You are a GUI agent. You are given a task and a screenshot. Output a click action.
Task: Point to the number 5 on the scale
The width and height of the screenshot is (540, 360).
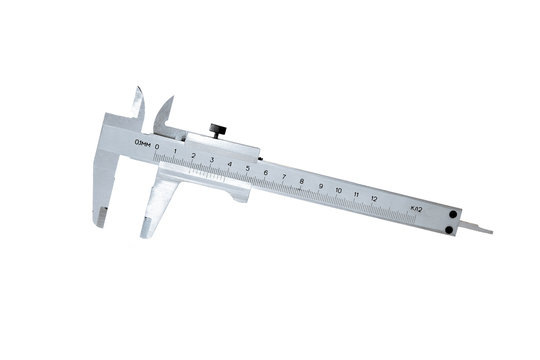pyautogui.click(x=247, y=166)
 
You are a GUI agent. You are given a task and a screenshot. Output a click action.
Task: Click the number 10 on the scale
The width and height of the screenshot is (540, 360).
pyautogui.click(x=339, y=187)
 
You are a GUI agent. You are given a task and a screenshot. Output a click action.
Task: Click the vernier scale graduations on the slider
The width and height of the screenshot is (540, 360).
pyautogui.click(x=200, y=173)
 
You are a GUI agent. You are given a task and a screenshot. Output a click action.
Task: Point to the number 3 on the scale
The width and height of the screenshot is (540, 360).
pyautogui.click(x=211, y=159)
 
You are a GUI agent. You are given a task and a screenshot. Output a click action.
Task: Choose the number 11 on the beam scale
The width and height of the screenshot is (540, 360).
pyautogui.click(x=357, y=191)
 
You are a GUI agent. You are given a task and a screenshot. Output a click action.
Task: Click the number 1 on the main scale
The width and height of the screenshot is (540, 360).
pyautogui.click(x=175, y=151)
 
